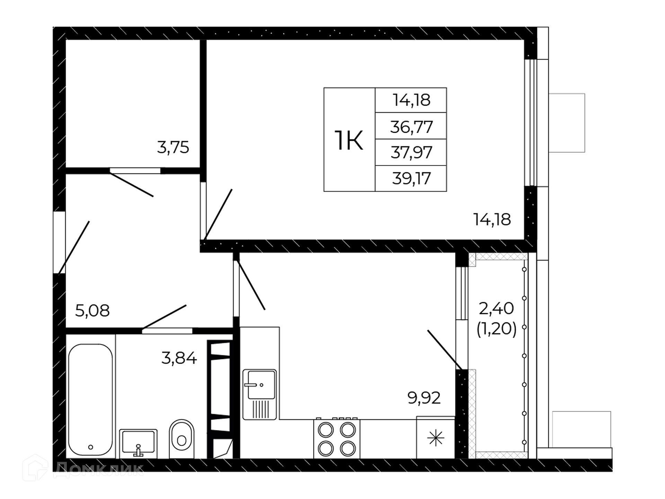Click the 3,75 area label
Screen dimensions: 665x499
(x=173, y=148)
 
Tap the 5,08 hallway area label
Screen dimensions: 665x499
(x=92, y=311)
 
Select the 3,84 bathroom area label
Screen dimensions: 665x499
(x=179, y=358)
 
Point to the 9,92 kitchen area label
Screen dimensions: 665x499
(x=424, y=398)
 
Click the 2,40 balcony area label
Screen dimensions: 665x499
(x=496, y=308)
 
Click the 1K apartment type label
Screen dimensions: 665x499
(x=349, y=141)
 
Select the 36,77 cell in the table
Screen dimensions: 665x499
(x=411, y=127)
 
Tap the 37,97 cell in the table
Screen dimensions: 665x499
(x=411, y=152)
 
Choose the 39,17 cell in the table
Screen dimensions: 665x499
(x=411, y=178)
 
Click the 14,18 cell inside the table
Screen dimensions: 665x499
(x=411, y=100)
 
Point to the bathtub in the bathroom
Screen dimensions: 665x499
(x=90, y=400)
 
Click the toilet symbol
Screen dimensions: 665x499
(x=181, y=439)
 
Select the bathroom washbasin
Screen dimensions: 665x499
(x=138, y=444)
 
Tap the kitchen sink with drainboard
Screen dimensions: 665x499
(x=260, y=394)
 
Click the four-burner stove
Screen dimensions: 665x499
(x=337, y=439)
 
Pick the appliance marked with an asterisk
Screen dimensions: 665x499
(x=435, y=438)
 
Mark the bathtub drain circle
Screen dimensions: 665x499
(x=91, y=447)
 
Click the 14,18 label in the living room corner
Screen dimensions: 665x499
(x=492, y=220)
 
